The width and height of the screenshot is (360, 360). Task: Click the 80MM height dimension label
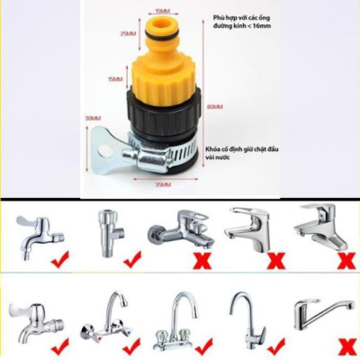[x=213, y=108]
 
